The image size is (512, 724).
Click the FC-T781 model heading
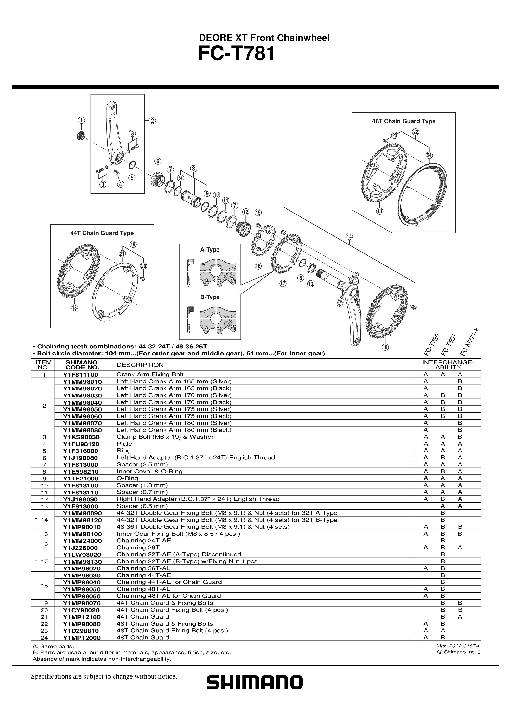coord(237,54)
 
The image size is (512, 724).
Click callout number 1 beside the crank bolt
coord(81,120)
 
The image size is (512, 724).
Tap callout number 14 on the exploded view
coord(349,237)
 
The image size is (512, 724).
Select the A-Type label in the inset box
coord(210,250)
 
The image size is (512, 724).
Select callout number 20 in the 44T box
coord(143,266)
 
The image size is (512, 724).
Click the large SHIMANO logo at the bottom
coord(254,682)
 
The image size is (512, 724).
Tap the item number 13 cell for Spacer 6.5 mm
coord(44,506)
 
